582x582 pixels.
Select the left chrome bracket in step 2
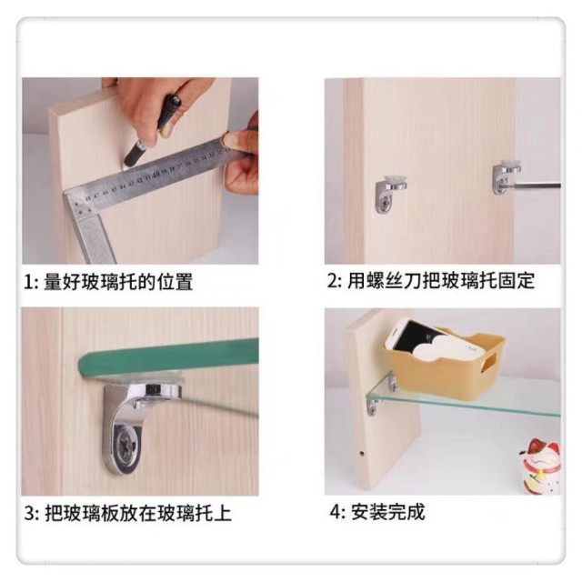pos(390,194)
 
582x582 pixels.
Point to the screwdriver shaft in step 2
pos(534,186)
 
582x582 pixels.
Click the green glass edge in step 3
pos(168,357)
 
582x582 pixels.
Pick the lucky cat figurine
pos(540,466)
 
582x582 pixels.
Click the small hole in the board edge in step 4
pos(361,454)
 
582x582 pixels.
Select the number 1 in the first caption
pos(28,283)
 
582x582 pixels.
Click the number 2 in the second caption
pos(333,280)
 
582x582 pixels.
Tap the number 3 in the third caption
pos(29,514)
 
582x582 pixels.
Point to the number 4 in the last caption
pos(335,512)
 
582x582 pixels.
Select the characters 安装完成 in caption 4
pos(387,512)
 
